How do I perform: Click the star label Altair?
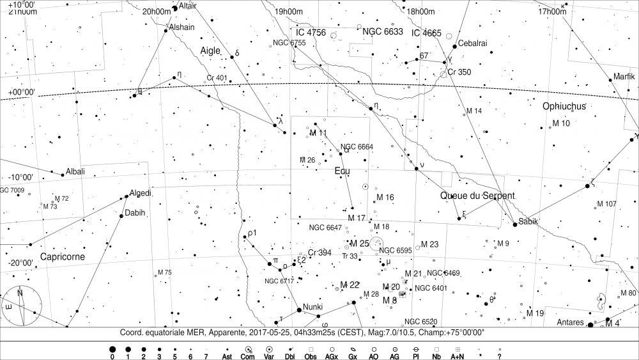[x=188, y=6]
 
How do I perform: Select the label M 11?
[x=318, y=133]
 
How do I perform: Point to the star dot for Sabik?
[x=515, y=224]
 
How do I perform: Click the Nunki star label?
[x=314, y=306]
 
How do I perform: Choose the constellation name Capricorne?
[x=63, y=256]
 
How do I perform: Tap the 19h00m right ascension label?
[x=288, y=12]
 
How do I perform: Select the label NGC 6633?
[x=383, y=31]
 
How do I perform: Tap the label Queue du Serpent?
[x=477, y=195]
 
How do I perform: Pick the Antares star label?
[x=570, y=322]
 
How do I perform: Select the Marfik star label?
[x=624, y=76]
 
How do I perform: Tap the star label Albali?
[x=75, y=171]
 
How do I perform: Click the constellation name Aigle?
[x=210, y=50]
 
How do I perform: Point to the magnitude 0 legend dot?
[x=112, y=350]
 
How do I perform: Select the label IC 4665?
[x=426, y=33]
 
